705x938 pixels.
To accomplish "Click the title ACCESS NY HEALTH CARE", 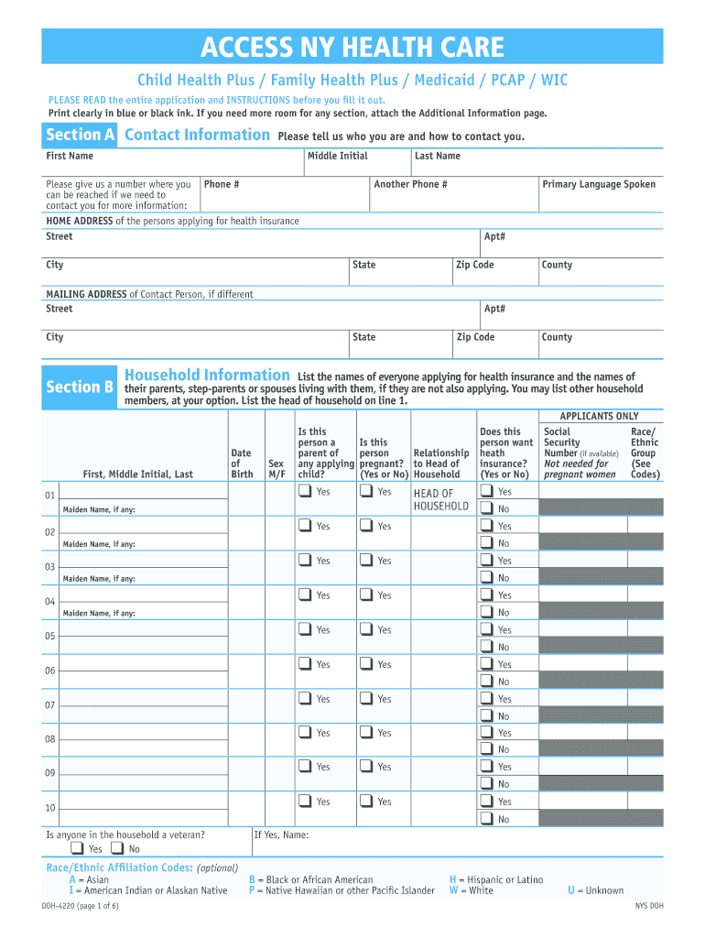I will click(352, 47).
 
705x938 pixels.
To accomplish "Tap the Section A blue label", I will click(81, 136).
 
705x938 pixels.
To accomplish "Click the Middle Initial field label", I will click(337, 156).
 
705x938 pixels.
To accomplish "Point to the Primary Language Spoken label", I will click(599, 184).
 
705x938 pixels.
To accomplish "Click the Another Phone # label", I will click(410, 184).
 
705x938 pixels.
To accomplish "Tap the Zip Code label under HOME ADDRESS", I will click(475, 265).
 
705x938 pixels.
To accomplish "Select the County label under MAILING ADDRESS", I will click(557, 337).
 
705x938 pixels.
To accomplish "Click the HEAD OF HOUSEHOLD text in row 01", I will click(440, 500).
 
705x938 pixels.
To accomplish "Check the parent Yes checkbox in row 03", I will click(304, 561).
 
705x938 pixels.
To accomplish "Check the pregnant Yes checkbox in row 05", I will click(366, 629).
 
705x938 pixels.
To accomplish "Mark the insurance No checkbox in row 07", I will click(486, 716).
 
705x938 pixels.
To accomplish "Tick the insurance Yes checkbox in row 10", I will click(486, 802).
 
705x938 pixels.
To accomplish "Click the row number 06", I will click(50, 671).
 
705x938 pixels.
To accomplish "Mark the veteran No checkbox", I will click(118, 849).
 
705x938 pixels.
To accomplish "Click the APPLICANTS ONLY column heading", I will click(599, 416).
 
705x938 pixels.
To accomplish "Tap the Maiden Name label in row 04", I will click(98, 613).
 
